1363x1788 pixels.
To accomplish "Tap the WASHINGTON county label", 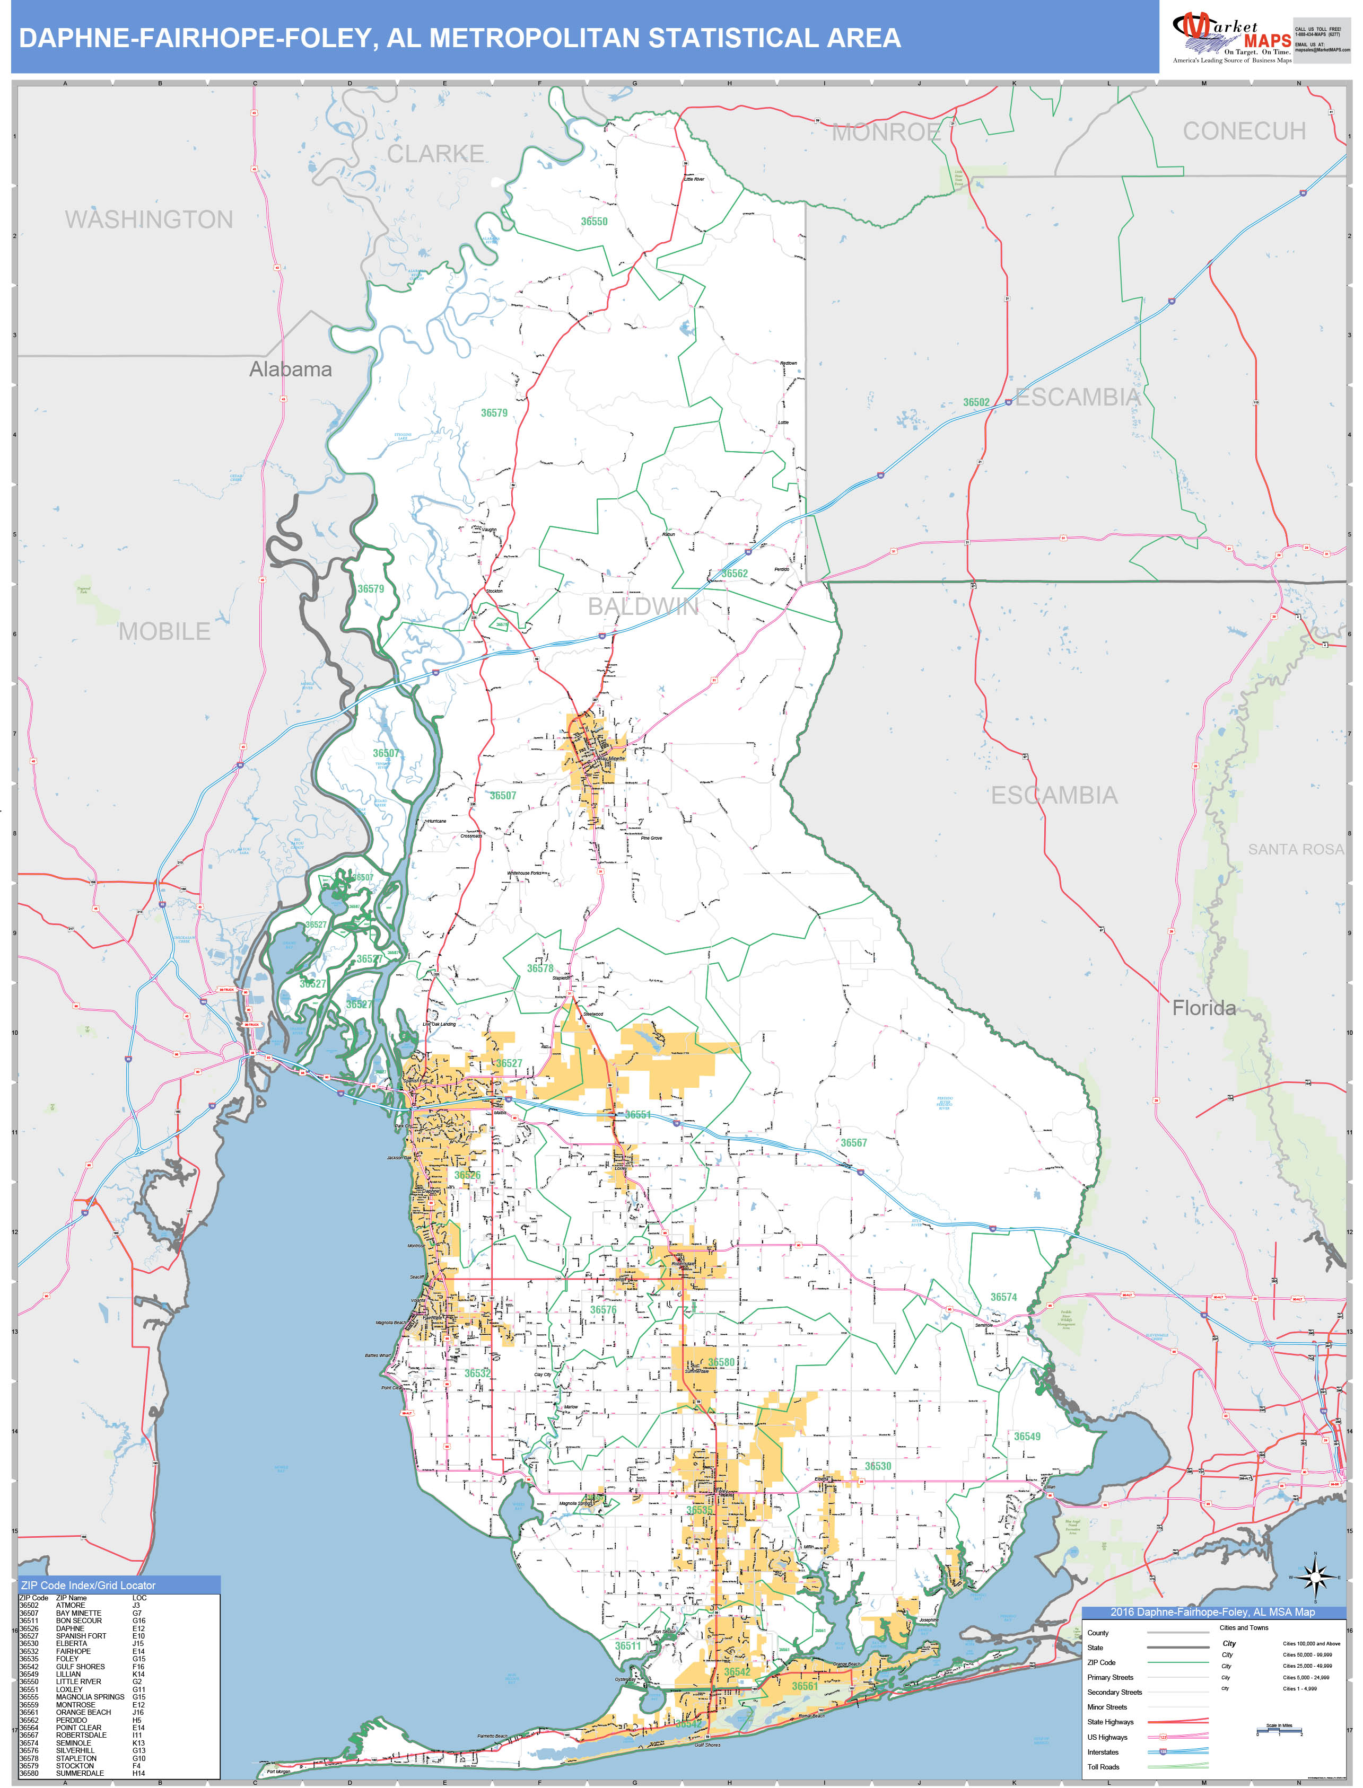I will pos(148,220).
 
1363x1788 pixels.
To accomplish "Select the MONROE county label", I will pos(886,132).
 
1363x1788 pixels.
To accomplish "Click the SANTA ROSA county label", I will pos(1295,849).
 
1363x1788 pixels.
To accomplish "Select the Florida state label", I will pos(1203,1008).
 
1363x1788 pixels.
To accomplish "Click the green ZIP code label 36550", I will pos(594,222).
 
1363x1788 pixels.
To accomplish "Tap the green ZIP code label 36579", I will pos(494,413).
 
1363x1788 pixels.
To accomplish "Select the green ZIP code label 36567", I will pos(853,1142).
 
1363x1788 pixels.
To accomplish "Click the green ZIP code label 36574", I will pos(1003,1297).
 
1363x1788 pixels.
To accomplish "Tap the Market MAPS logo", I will pos(1231,38).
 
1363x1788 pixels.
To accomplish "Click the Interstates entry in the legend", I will pos(1103,1751).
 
